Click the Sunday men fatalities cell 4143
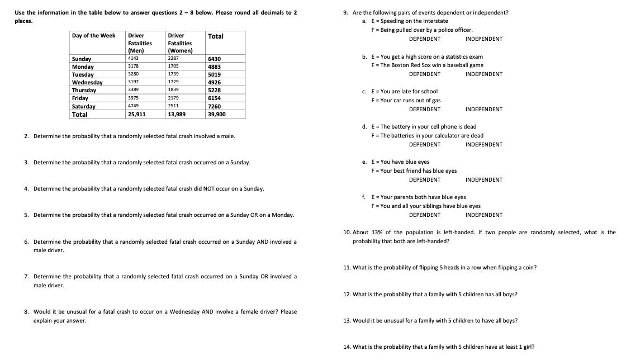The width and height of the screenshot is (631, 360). tap(133, 59)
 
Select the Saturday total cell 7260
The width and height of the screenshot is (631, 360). tap(214, 106)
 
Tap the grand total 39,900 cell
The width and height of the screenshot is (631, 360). tap(217, 114)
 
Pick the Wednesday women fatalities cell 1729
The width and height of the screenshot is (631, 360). tap(173, 82)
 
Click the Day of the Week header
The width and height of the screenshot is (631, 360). tap(94, 36)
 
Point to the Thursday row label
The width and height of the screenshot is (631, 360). tap(84, 91)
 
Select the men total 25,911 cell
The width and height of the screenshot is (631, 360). tap(137, 114)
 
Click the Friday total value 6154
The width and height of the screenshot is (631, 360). tap(214, 98)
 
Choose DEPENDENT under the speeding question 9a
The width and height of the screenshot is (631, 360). tap(424, 39)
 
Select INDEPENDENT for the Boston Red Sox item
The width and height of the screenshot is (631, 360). tap(483, 74)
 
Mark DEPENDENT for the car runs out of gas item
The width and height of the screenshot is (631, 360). tap(424, 110)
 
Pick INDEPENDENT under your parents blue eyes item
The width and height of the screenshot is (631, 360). tap(483, 215)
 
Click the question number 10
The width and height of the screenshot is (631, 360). tap(347, 233)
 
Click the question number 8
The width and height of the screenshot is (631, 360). tap(26, 312)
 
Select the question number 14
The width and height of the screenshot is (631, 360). tap(347, 347)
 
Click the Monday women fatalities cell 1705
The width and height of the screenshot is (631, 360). tap(173, 67)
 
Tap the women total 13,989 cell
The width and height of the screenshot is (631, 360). tap(178, 114)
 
